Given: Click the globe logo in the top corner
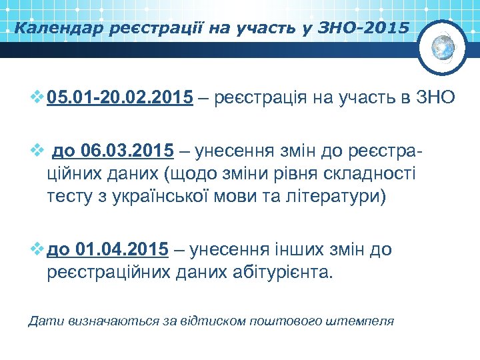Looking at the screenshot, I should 443,47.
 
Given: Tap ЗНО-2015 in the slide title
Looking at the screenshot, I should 363,28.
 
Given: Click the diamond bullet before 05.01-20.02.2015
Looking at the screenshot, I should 37,99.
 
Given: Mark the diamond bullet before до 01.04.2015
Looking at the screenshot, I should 37,250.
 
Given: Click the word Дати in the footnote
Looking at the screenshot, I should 43,321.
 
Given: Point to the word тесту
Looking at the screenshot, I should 69,197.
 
